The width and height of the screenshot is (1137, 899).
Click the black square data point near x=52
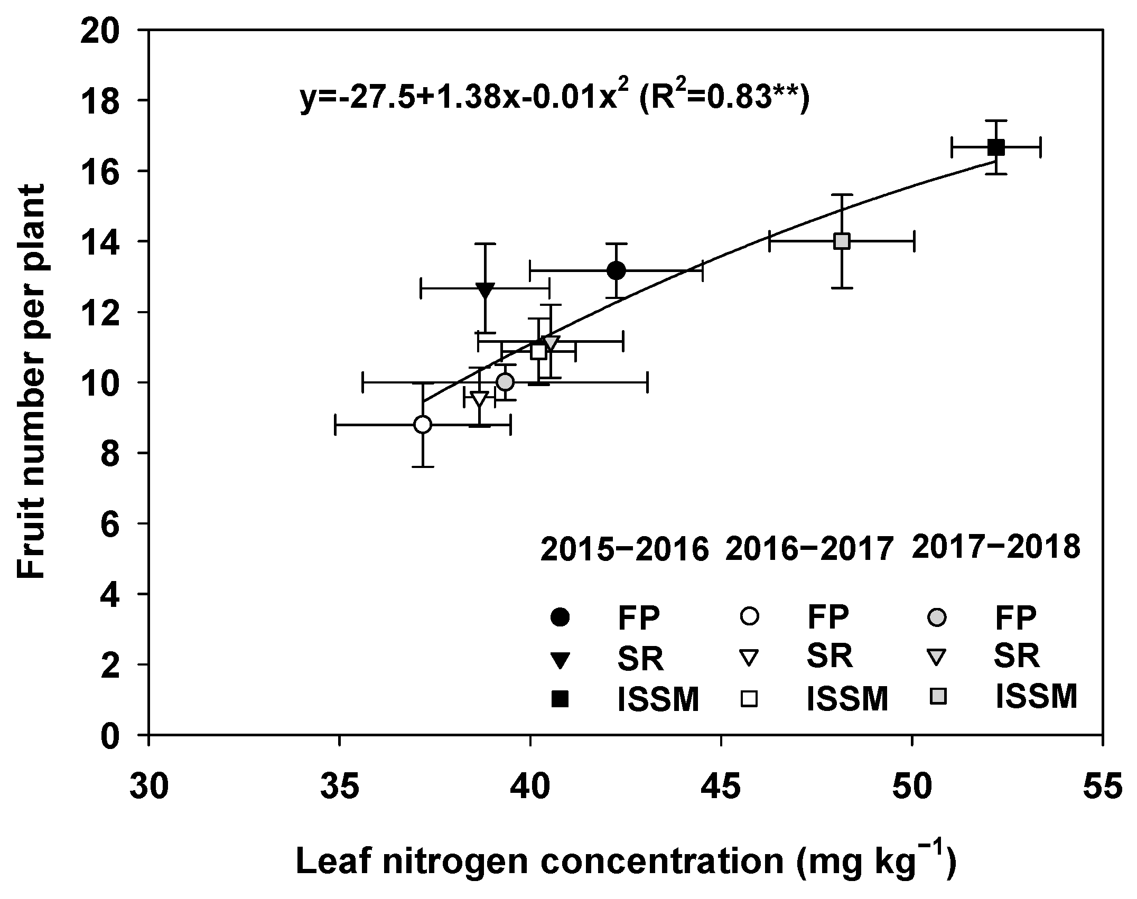(x=995, y=147)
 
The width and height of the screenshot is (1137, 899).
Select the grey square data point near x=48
(x=842, y=241)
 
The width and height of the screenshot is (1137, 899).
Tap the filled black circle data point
(x=616, y=270)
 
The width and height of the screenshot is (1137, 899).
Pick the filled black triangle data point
(x=485, y=289)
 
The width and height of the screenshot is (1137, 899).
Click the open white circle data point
(x=423, y=424)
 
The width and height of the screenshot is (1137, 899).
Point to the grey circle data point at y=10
(x=505, y=381)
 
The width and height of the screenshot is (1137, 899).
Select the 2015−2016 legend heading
(x=624, y=550)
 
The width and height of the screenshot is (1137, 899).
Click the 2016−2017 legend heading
(x=809, y=550)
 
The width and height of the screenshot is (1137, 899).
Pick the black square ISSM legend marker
(x=560, y=700)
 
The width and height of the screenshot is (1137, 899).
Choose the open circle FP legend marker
(x=749, y=616)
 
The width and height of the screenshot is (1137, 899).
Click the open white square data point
(x=539, y=351)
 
